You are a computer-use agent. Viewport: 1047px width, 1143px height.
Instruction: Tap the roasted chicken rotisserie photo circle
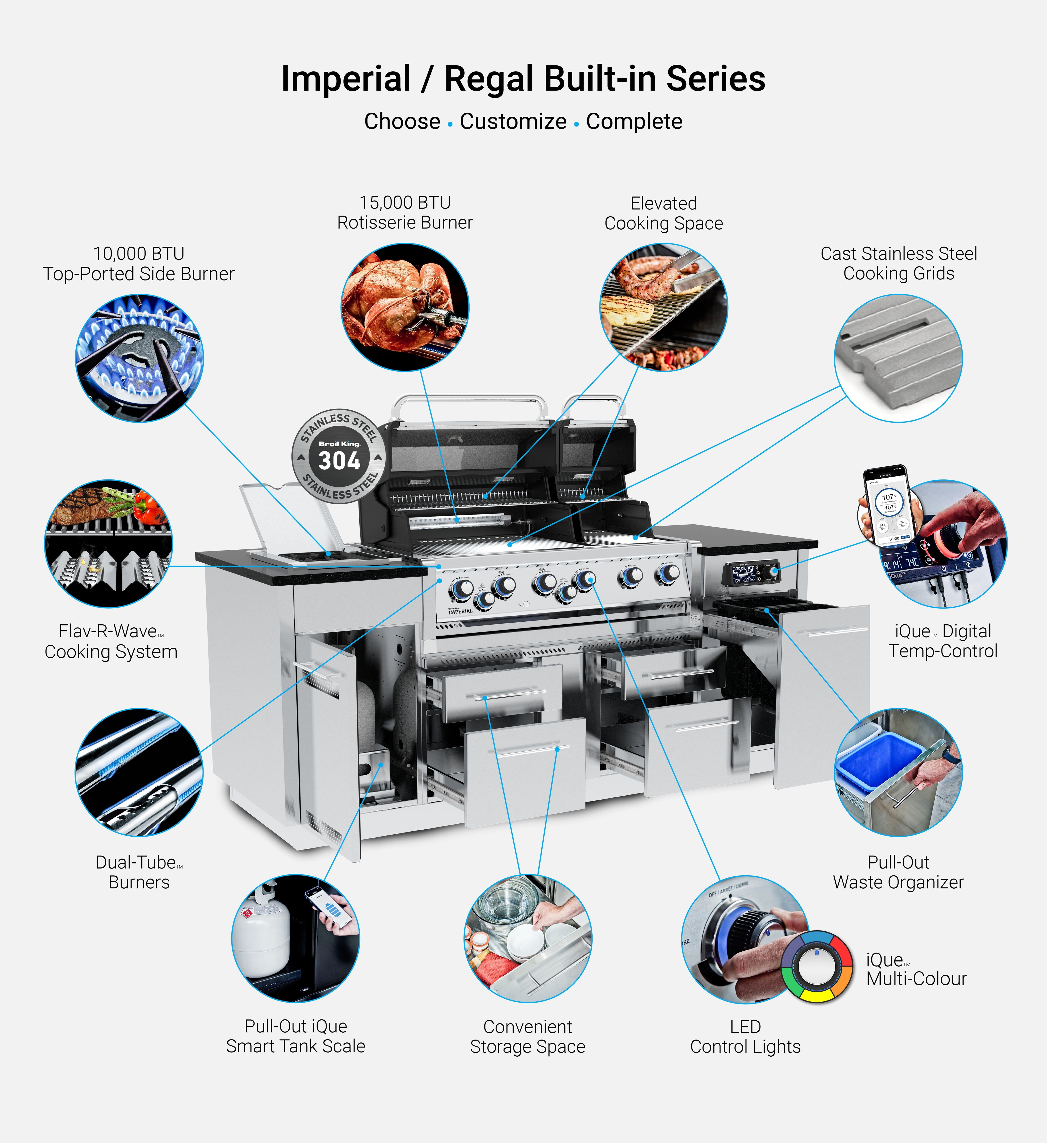click(x=404, y=307)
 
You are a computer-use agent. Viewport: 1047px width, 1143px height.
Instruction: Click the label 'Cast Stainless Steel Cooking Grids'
click(x=899, y=264)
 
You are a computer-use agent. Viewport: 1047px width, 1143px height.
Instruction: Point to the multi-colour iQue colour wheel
click(x=816, y=967)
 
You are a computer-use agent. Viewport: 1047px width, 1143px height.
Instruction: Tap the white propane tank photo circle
click(x=295, y=938)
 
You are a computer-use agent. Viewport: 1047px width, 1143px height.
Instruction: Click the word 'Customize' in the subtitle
click(x=513, y=121)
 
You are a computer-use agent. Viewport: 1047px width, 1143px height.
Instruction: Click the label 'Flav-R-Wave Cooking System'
click(x=111, y=641)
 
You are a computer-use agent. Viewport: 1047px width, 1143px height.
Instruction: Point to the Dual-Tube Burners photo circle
click(x=139, y=772)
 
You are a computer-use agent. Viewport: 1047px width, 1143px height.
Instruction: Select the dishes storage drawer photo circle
click(x=527, y=938)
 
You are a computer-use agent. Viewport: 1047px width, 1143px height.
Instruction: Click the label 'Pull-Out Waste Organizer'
click(x=898, y=872)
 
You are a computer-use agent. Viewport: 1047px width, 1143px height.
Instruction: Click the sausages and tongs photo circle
click(x=664, y=307)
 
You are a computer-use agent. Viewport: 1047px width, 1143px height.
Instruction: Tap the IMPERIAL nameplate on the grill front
click(x=460, y=611)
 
